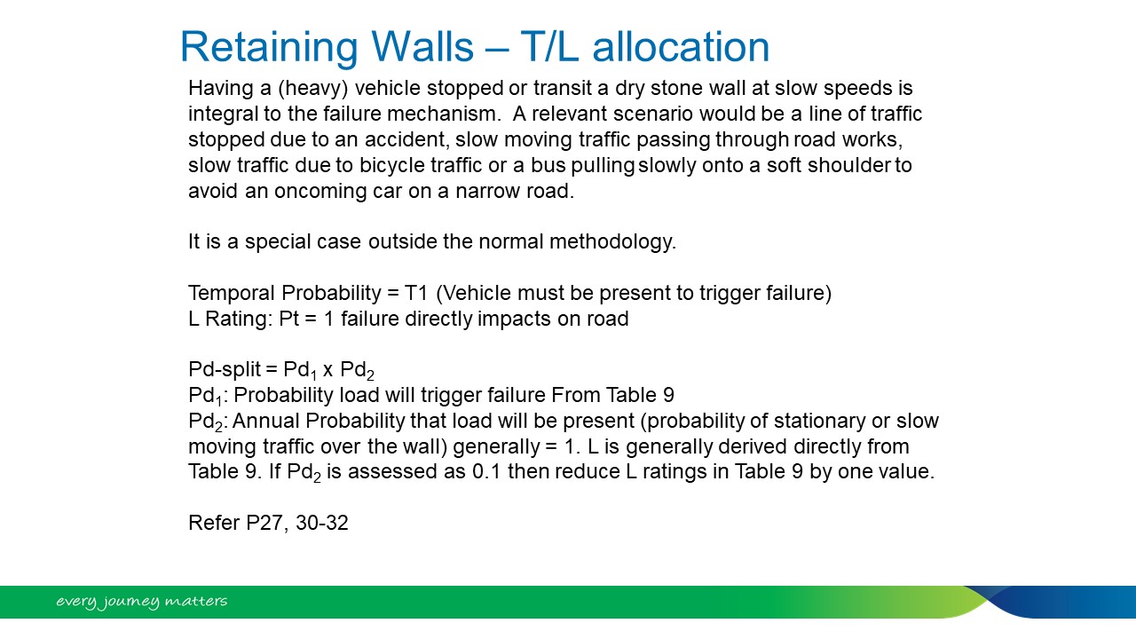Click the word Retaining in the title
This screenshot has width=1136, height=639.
[x=269, y=48]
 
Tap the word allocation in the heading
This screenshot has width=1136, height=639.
[x=681, y=47]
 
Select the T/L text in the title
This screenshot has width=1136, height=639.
[x=549, y=47]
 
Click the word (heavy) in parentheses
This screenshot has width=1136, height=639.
[x=313, y=88]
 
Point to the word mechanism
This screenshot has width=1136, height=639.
[x=444, y=114]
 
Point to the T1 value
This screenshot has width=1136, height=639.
[x=416, y=293]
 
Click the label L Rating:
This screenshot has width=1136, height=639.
[x=231, y=319]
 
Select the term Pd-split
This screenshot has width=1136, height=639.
[x=225, y=370]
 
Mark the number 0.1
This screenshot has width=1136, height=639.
[x=486, y=471]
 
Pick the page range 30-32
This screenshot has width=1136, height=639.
[x=322, y=523]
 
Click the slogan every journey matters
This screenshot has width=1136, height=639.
[x=141, y=602]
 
